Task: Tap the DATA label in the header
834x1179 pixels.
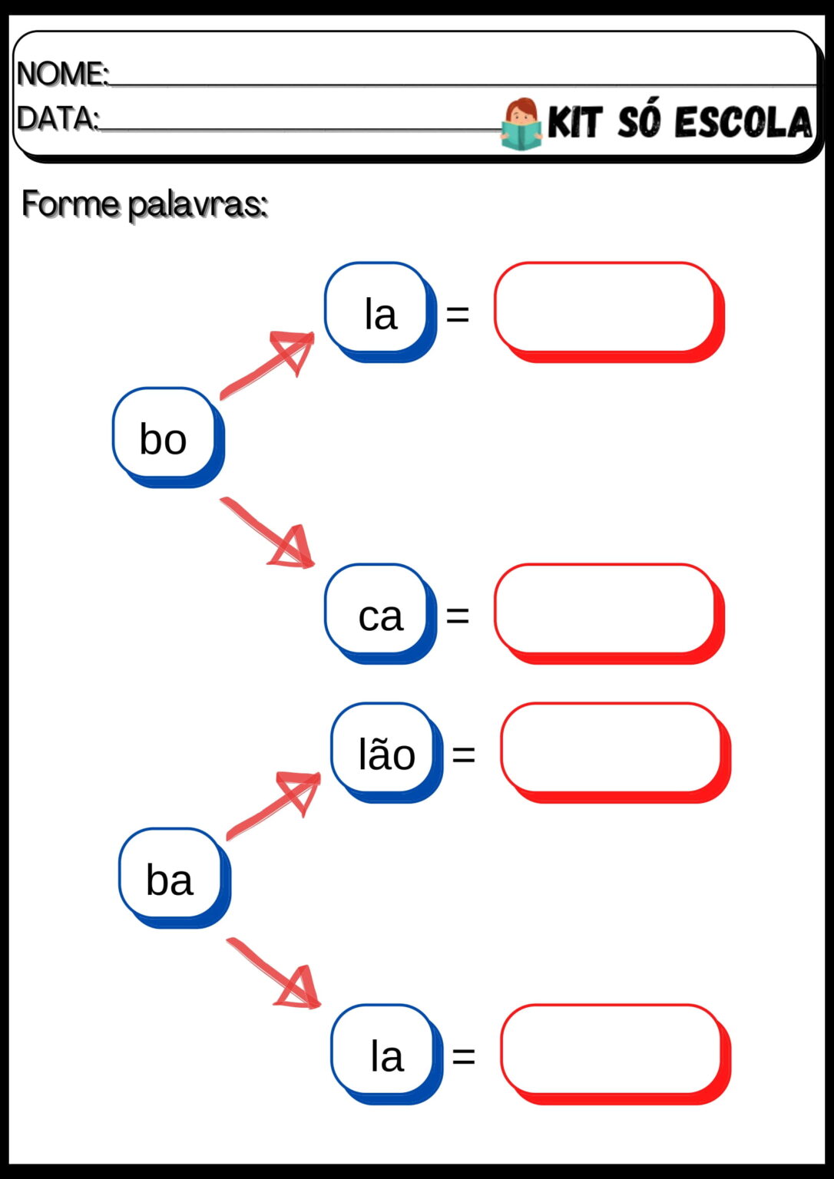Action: [x=57, y=118]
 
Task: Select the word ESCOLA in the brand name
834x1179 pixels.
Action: [x=743, y=122]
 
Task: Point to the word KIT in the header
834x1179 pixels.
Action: [x=574, y=122]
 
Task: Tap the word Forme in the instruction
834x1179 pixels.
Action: [x=71, y=203]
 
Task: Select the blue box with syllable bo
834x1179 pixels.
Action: [x=168, y=438]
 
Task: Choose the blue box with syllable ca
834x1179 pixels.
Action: [x=381, y=614]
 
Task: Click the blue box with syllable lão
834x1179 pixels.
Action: [x=387, y=753]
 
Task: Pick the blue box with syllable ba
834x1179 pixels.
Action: [x=175, y=878]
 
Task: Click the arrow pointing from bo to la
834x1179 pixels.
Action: [x=267, y=365]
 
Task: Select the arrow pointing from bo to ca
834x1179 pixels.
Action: [x=267, y=532]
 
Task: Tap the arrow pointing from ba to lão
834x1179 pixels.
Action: [x=273, y=805]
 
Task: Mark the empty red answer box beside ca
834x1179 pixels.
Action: [x=609, y=614]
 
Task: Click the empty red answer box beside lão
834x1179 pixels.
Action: [x=615, y=753]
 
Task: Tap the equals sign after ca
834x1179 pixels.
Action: [x=458, y=615]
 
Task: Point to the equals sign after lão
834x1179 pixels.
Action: [x=464, y=754]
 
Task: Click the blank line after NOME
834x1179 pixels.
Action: [x=463, y=84]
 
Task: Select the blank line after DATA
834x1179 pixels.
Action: [x=300, y=129]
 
